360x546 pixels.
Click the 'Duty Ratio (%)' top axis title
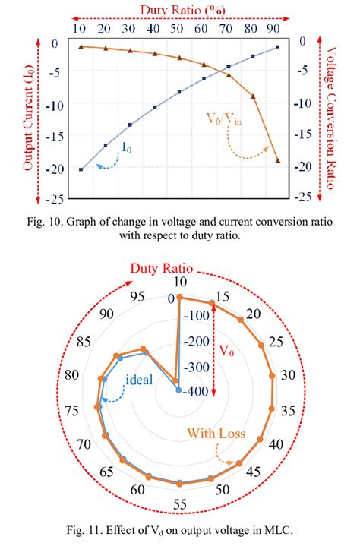[x=181, y=9]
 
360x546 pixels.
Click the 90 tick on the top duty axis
[x=276, y=29]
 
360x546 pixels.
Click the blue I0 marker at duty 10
[x=81, y=169]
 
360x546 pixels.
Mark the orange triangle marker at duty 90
[x=277, y=161]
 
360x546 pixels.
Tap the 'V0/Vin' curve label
[x=222, y=119]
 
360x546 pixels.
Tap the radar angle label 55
[x=179, y=504]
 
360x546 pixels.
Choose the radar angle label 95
[x=137, y=296]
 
